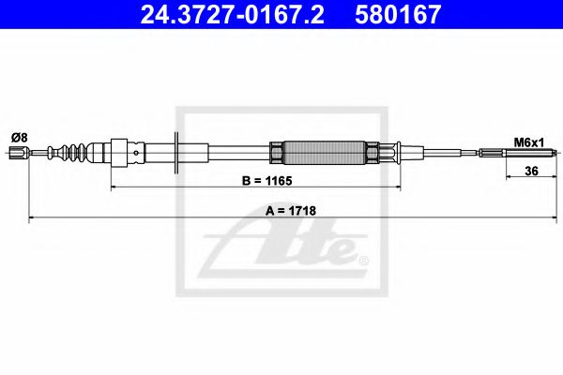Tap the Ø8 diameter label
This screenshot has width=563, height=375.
click(18, 137)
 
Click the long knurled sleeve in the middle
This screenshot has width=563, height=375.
click(325, 152)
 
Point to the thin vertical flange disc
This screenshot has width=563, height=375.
click(178, 152)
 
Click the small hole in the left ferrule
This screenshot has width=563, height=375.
click(138, 153)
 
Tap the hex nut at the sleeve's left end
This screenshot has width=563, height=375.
click(277, 152)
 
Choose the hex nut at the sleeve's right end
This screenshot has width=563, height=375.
click(373, 152)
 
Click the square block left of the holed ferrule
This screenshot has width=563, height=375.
click(118, 152)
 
